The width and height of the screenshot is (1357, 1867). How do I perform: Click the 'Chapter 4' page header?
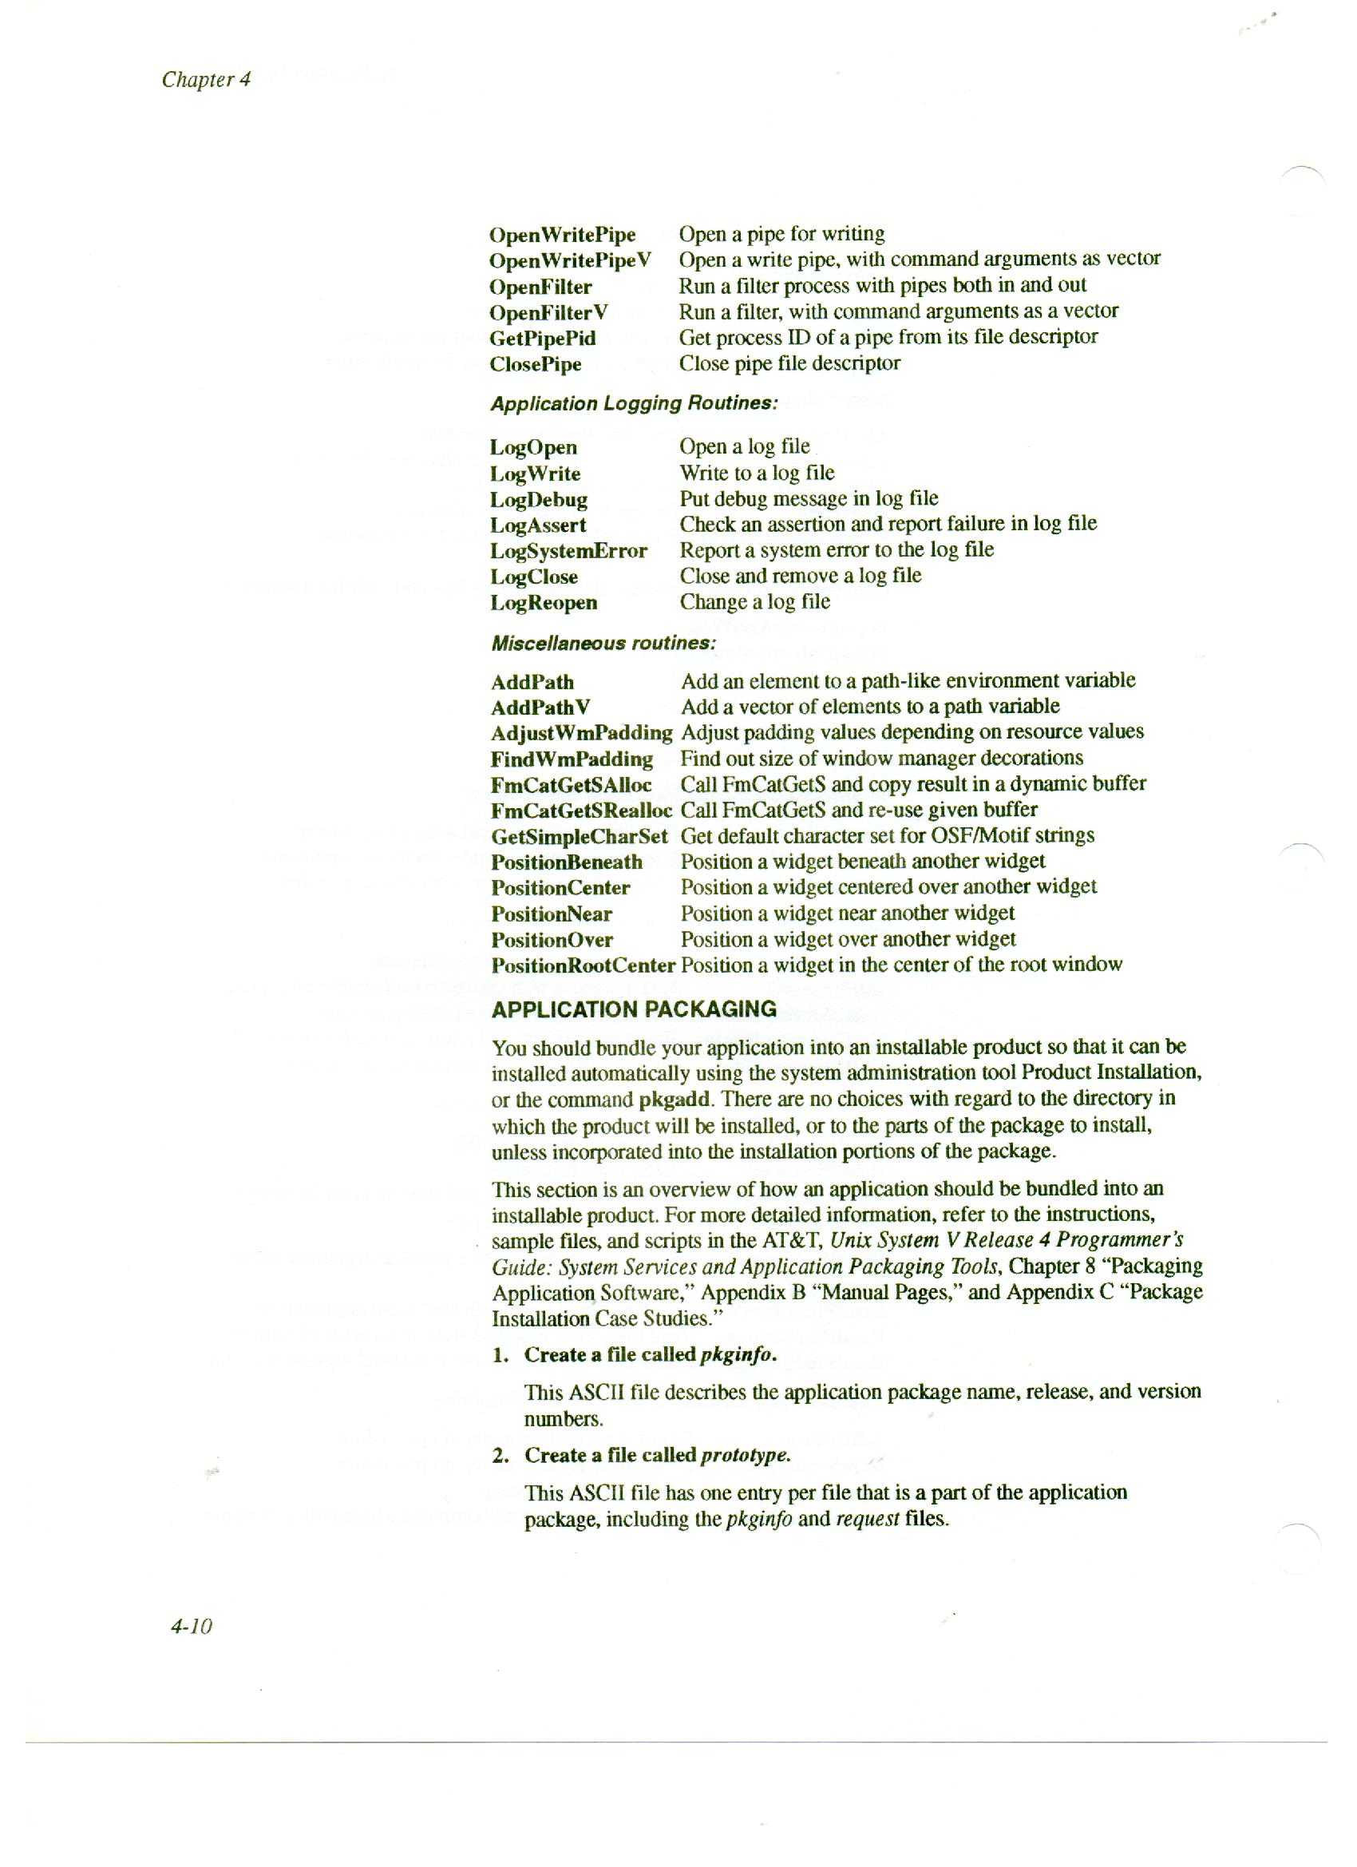(x=207, y=79)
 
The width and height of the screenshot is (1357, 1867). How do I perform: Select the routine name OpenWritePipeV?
(x=569, y=261)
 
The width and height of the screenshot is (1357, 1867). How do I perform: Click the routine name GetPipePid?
(x=542, y=339)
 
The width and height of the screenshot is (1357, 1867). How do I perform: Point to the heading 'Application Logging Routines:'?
(x=634, y=403)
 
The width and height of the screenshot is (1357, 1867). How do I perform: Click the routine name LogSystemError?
(x=568, y=551)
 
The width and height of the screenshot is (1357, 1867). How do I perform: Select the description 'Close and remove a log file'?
(x=800, y=576)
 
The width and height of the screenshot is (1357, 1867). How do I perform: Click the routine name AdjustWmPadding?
(x=581, y=732)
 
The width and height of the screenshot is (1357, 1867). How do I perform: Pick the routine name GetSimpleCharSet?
(x=580, y=836)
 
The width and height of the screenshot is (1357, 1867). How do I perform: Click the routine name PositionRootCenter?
(x=583, y=965)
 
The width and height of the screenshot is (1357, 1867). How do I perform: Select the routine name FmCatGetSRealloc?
(x=581, y=811)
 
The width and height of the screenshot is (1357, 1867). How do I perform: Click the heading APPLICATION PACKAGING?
(x=634, y=1009)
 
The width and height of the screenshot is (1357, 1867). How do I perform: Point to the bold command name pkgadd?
(x=675, y=1100)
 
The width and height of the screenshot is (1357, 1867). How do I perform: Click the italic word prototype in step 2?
(x=745, y=1456)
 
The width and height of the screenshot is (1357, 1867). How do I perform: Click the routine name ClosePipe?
(x=535, y=365)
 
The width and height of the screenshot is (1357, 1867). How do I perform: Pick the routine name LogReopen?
(x=544, y=603)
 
